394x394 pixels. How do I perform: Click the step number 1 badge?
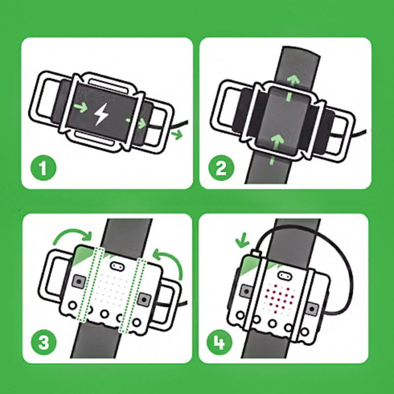click(44, 169)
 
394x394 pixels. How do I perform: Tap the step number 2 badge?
click(221, 169)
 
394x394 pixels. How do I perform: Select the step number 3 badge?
click(44, 342)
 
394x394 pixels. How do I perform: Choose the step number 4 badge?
click(221, 342)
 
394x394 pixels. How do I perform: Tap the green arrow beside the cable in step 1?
click(176, 133)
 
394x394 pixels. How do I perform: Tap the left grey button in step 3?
click(77, 281)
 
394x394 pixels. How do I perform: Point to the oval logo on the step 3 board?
click(117, 266)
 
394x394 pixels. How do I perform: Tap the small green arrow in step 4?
click(241, 242)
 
